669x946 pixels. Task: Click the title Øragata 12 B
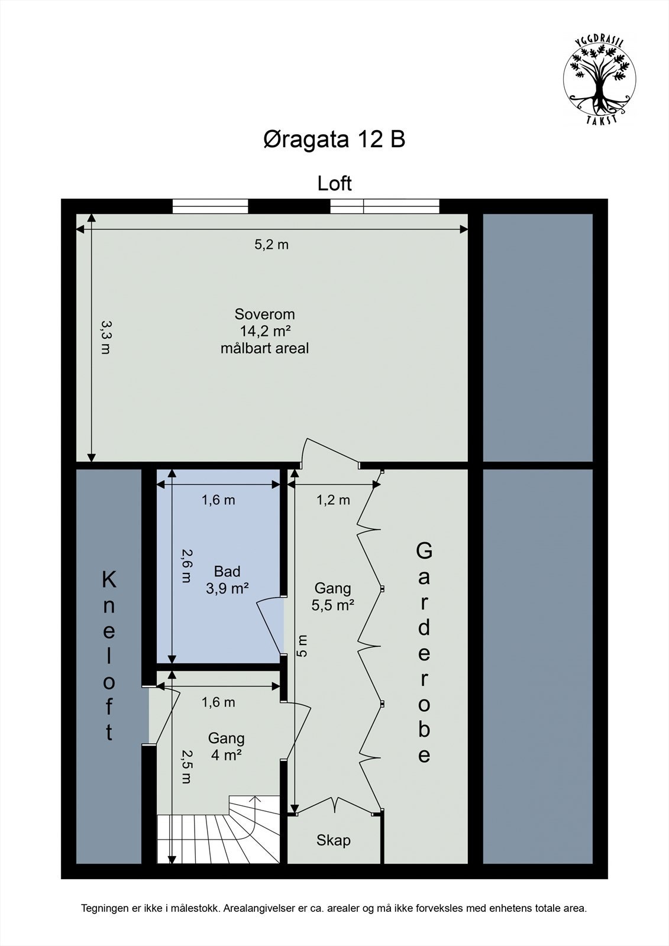click(334, 140)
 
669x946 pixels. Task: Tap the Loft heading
click(334, 183)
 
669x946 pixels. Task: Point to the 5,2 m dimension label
click(272, 245)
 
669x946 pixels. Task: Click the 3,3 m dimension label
click(105, 337)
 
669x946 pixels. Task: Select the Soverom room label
click(264, 314)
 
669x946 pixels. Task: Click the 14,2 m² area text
click(264, 331)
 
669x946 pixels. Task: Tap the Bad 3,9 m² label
click(227, 579)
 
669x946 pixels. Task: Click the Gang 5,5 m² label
click(333, 596)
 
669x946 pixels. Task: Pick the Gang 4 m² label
click(226, 746)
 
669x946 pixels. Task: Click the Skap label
click(334, 840)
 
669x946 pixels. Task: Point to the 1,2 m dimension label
click(333, 500)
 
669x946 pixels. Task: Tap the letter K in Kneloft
click(109, 580)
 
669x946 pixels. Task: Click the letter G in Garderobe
click(424, 551)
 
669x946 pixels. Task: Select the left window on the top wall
click(210, 206)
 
